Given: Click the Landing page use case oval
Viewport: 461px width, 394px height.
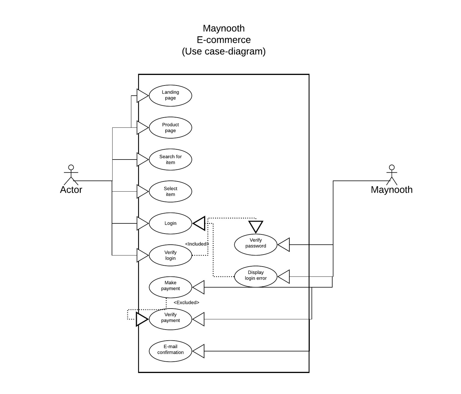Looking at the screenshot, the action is tap(170, 96).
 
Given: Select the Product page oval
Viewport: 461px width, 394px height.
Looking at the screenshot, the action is tap(170, 127).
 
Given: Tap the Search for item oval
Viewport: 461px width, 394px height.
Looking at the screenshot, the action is tap(170, 160).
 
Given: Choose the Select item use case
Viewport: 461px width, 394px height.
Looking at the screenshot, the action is tap(170, 191).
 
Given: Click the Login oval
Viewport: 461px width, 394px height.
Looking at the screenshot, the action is tap(170, 223).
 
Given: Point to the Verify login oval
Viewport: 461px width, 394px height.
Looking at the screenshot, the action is tap(170, 255).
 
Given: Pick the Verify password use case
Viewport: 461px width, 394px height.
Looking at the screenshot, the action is tap(256, 245).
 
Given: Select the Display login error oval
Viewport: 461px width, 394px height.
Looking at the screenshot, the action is tap(256, 276).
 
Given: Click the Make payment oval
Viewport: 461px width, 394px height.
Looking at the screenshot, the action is tap(170, 287).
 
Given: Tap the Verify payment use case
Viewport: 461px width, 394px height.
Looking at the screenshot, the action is tap(170, 319).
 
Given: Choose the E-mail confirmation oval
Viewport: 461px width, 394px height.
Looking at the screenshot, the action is tap(170, 351).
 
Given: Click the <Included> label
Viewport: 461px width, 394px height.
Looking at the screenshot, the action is tap(197, 244).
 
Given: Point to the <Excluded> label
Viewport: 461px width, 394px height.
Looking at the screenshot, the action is tap(186, 303).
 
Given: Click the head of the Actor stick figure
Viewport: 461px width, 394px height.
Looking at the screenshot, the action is tap(71, 167).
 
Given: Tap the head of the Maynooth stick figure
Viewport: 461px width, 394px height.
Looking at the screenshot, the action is tap(392, 167).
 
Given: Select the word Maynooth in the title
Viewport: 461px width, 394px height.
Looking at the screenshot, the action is tap(224, 28).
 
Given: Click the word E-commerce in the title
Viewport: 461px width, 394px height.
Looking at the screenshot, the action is tap(224, 40).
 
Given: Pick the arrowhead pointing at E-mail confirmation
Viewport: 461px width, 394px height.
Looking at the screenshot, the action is tap(198, 351).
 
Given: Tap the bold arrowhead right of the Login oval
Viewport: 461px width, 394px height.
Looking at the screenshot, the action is tap(199, 223).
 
